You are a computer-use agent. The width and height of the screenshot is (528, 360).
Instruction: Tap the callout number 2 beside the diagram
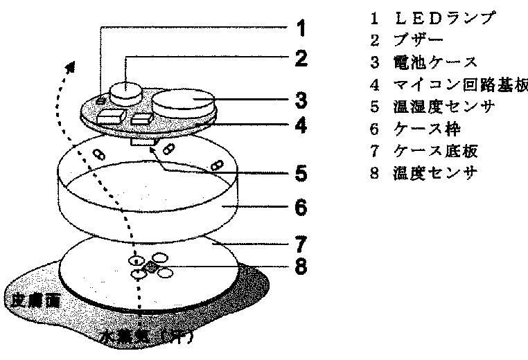[x=299, y=60]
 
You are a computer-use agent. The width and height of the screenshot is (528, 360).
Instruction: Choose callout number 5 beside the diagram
[x=299, y=172]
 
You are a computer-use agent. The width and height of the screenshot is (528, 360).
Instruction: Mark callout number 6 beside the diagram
[x=299, y=207]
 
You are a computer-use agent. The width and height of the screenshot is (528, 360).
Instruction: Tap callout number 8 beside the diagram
[x=299, y=265]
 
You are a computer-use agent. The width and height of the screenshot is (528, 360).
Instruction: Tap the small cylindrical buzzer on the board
[x=126, y=89]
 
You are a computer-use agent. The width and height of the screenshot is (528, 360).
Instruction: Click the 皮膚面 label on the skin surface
[x=26, y=300]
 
